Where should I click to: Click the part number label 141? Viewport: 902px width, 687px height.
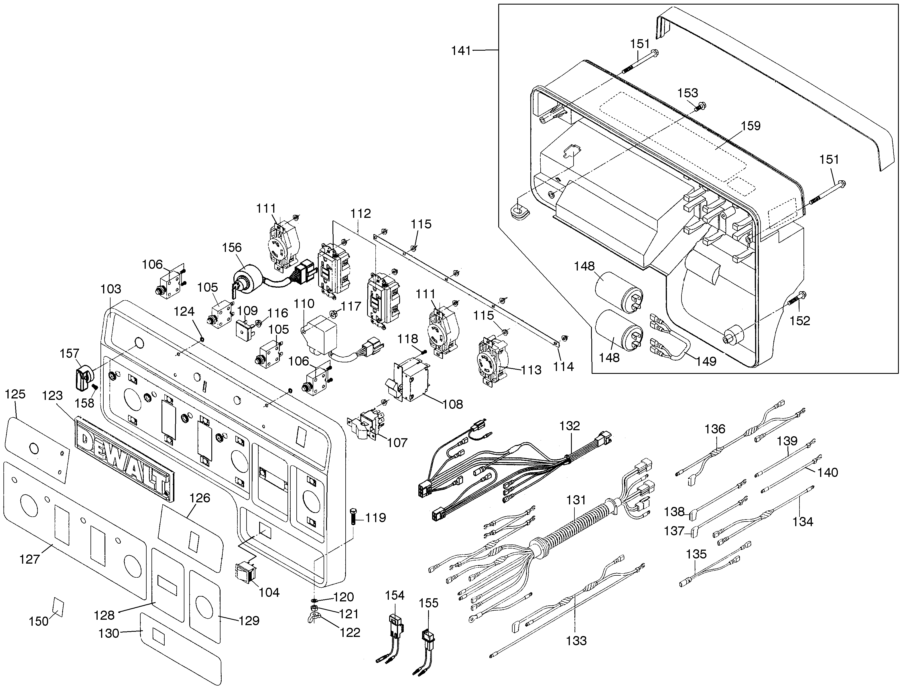[461, 51]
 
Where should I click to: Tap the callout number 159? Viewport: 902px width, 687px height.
[751, 126]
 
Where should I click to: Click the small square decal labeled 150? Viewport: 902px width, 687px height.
[58, 607]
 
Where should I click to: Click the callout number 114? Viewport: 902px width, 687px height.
[563, 366]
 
